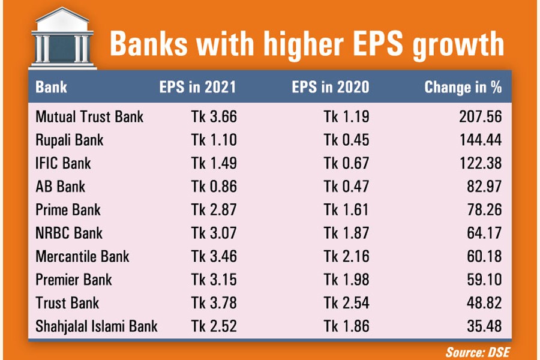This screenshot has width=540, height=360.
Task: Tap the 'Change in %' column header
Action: point(463,88)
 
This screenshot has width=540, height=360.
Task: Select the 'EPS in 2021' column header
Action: point(197,88)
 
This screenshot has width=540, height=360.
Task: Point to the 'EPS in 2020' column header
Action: point(331,88)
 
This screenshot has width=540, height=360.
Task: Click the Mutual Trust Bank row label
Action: point(89,116)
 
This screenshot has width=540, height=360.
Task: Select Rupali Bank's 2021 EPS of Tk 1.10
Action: point(214,140)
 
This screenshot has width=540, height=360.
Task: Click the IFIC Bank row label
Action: point(63,163)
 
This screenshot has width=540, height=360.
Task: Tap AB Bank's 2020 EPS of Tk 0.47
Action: point(346,187)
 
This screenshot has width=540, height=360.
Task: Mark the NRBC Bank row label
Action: point(69,233)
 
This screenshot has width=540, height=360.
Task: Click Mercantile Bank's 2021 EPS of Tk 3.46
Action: point(214,256)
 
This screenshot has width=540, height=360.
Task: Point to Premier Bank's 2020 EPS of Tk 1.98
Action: point(346,280)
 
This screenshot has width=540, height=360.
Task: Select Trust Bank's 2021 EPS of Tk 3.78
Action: point(214,303)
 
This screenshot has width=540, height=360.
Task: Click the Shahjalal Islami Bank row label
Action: point(97,326)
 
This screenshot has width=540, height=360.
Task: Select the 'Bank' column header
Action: point(51,88)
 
